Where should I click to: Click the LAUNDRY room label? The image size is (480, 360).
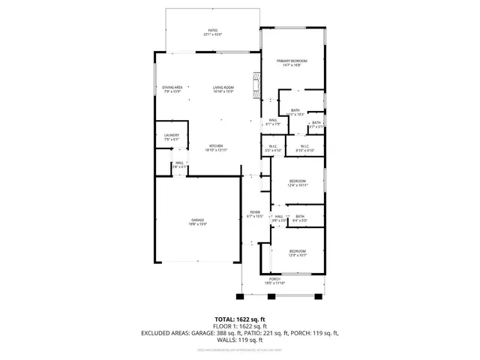(x=171, y=137)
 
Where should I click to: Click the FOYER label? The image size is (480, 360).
(x=255, y=214)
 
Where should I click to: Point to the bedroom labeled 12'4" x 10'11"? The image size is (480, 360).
(x=298, y=183)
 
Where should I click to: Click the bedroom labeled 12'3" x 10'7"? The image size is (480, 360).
(x=298, y=253)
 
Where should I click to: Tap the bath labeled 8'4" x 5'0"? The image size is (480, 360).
(x=300, y=218)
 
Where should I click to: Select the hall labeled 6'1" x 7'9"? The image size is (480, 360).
(x=273, y=122)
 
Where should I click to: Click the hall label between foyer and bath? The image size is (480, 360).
(x=278, y=218)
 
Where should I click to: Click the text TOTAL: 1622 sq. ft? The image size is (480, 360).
(x=239, y=319)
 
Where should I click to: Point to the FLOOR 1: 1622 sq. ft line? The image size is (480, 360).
(x=239, y=325)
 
